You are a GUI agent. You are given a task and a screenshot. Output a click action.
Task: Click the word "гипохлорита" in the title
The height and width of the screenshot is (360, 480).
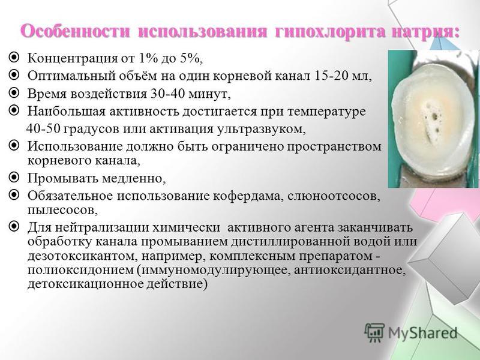[x=328, y=32]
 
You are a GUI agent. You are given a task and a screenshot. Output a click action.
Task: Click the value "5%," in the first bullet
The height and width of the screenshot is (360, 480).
[x=191, y=58]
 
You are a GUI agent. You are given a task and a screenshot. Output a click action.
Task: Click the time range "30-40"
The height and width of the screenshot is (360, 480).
[x=168, y=94]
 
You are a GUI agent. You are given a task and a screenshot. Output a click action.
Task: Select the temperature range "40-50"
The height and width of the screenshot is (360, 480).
[x=44, y=128]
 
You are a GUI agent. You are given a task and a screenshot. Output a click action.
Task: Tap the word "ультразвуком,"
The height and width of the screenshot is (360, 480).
[x=262, y=129]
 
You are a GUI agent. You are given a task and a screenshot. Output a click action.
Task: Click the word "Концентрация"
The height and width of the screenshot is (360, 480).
[x=73, y=58]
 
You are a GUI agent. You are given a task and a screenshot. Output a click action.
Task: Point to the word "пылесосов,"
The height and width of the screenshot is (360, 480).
[x=63, y=211]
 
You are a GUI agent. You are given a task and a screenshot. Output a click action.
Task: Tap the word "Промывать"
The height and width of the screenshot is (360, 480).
[x=62, y=178]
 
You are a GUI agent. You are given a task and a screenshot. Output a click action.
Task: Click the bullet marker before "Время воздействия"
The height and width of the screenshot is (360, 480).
[x=14, y=92]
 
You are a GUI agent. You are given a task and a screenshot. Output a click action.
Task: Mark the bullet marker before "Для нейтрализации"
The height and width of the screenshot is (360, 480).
[x=14, y=227]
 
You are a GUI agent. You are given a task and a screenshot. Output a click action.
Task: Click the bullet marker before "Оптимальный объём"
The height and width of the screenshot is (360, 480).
[x=14, y=74]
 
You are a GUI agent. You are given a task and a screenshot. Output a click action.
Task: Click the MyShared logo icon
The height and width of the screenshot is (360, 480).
[x=374, y=332]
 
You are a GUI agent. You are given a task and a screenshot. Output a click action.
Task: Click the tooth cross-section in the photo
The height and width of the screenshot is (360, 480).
[x=433, y=118]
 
